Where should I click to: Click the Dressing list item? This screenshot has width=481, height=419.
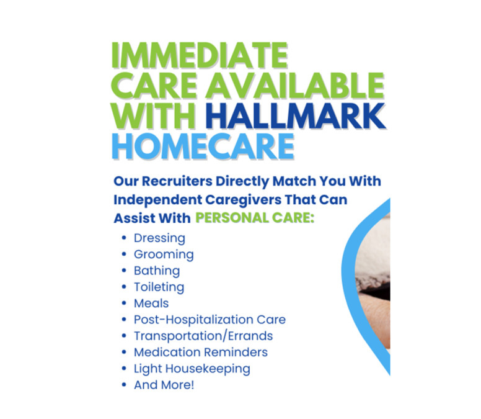coord(159,238)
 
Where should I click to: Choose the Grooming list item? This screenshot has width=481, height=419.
coord(164,255)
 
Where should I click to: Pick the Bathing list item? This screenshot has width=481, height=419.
coord(157,271)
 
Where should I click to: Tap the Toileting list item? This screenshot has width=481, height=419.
coord(159,287)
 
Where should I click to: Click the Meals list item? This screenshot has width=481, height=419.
coord(151,304)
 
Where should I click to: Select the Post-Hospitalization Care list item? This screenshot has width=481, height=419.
coord(210,320)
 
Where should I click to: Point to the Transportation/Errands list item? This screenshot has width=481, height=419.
coord(203,336)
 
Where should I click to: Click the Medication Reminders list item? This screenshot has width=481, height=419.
coord(201,352)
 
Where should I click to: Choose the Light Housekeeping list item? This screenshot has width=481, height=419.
coord(192,368)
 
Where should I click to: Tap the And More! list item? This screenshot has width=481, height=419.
coord(164,384)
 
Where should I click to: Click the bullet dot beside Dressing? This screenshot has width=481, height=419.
coord(125,238)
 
